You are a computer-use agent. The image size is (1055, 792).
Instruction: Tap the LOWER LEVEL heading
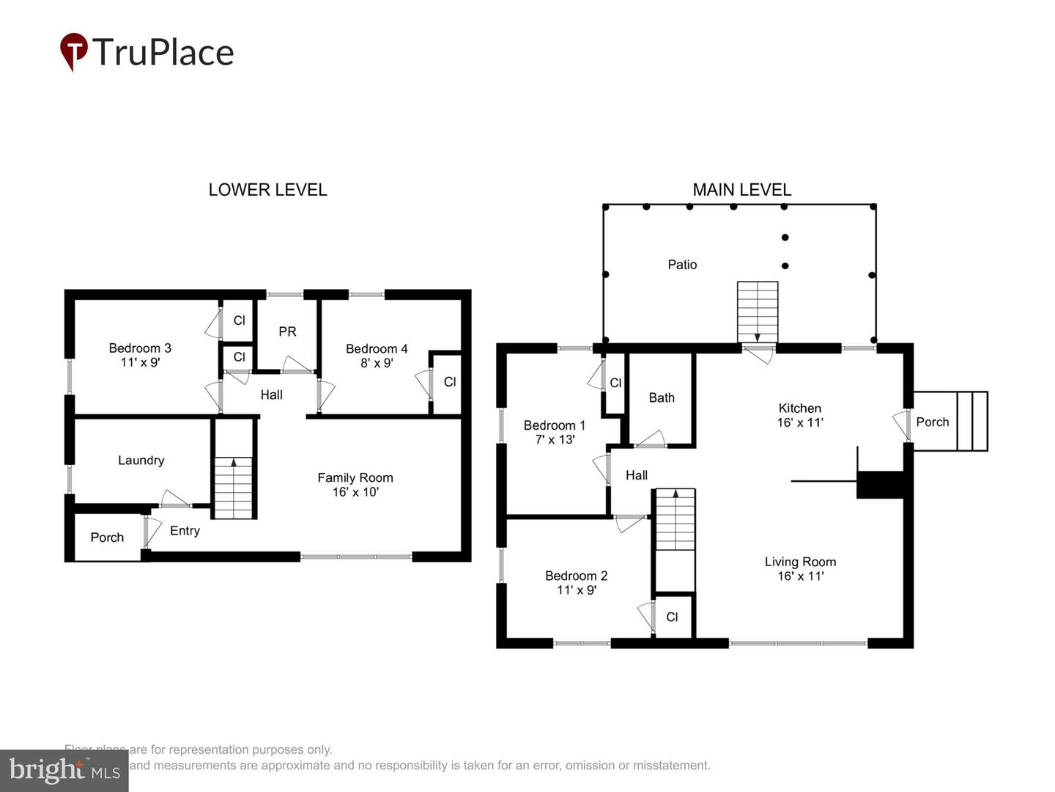[x=267, y=190]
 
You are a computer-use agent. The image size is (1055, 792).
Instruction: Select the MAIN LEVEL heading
[x=741, y=190]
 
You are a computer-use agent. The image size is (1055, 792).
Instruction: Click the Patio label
[x=682, y=265]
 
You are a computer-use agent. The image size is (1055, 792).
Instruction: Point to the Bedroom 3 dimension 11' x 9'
[x=140, y=362]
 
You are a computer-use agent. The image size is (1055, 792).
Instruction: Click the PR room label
[x=287, y=332]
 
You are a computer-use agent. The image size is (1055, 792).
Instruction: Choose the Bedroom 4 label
[x=377, y=349]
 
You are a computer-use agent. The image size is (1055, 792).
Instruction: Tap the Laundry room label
[x=141, y=461]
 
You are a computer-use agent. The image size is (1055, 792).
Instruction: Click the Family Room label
[x=355, y=478]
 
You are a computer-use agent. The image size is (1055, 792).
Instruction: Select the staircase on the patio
[x=757, y=312]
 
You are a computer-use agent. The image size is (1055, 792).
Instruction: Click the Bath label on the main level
[x=662, y=398]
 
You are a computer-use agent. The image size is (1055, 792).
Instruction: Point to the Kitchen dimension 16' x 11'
[x=800, y=422]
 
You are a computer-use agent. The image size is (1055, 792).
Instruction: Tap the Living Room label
[x=800, y=562]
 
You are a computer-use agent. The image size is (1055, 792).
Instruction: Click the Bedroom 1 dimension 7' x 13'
[x=555, y=440]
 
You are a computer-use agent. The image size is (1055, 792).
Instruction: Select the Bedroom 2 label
[x=576, y=576]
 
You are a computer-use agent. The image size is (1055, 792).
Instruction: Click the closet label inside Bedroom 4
[x=450, y=382]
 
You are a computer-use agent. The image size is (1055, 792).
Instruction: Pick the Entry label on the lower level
[x=185, y=531]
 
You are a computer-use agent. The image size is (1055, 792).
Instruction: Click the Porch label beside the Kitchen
[x=932, y=422]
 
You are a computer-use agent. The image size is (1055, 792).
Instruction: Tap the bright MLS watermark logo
[x=64, y=770]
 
